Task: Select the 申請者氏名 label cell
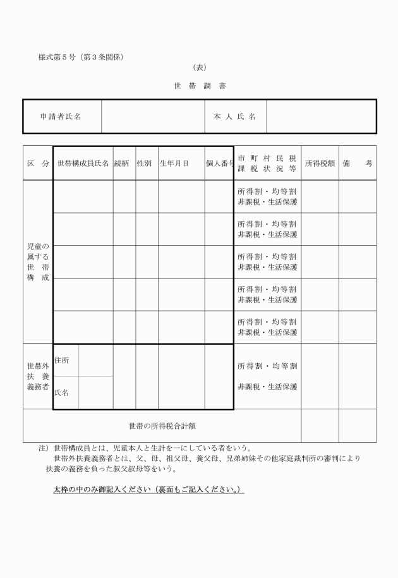[x=61, y=116]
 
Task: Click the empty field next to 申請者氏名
[x=152, y=116]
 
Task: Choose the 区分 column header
[x=38, y=164]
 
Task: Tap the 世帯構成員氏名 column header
[x=83, y=164]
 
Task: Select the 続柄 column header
[x=124, y=164]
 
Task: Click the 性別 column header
[x=147, y=164]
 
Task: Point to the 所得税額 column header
[x=320, y=164]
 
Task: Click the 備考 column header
[x=358, y=164]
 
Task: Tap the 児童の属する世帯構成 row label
[x=38, y=262]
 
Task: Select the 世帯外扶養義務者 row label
[x=38, y=376]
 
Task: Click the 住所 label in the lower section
[x=62, y=360]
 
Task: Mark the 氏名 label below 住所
[x=62, y=393]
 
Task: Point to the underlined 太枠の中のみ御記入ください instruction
[x=149, y=490]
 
